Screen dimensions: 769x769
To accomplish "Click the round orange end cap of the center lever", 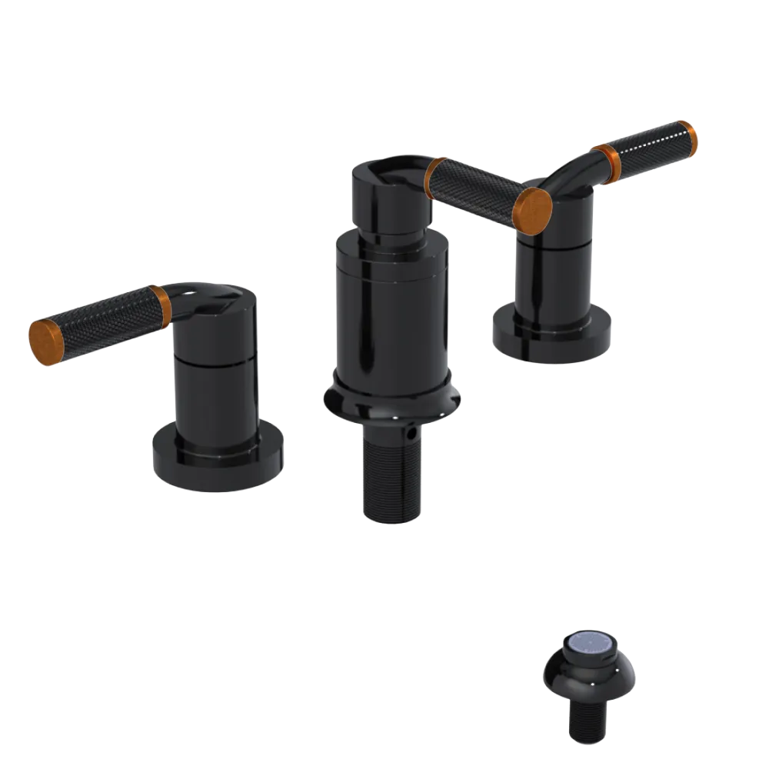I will coord(533,205).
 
